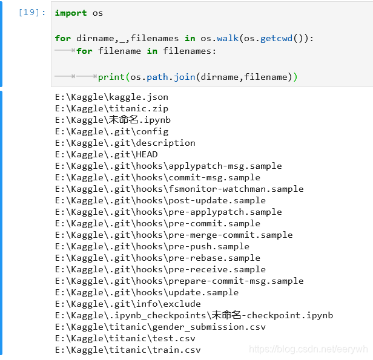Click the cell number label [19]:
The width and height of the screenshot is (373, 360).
pos(32,13)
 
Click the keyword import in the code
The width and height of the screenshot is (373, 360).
pos(70,13)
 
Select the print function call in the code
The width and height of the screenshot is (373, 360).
pos(111,77)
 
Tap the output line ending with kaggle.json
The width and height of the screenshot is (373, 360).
pos(111,97)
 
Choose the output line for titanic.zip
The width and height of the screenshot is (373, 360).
pos(111,108)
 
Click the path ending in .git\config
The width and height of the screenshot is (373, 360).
pos(111,131)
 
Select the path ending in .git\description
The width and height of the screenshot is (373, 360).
pos(125,143)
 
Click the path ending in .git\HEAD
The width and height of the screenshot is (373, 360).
pos(106,154)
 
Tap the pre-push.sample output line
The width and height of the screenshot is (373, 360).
pos(151,246)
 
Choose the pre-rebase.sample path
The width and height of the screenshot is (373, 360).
pos(157,258)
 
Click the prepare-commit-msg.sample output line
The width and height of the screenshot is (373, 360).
pos(179,281)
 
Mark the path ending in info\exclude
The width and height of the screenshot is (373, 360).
pos(127,304)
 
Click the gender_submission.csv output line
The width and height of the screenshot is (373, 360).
pos(160,327)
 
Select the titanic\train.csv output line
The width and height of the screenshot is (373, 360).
pos(127,350)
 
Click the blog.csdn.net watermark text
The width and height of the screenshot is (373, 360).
pos(309,349)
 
